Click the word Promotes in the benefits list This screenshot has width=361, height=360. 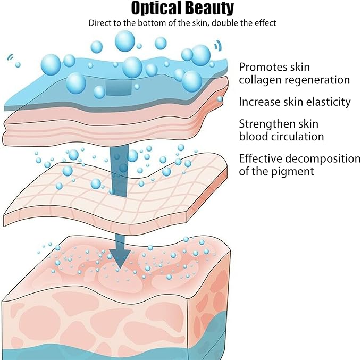263,68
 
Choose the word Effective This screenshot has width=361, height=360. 262,159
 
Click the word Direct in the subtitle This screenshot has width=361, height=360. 101,23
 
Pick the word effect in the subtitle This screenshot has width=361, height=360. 263,23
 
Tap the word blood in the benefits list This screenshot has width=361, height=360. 252,137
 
